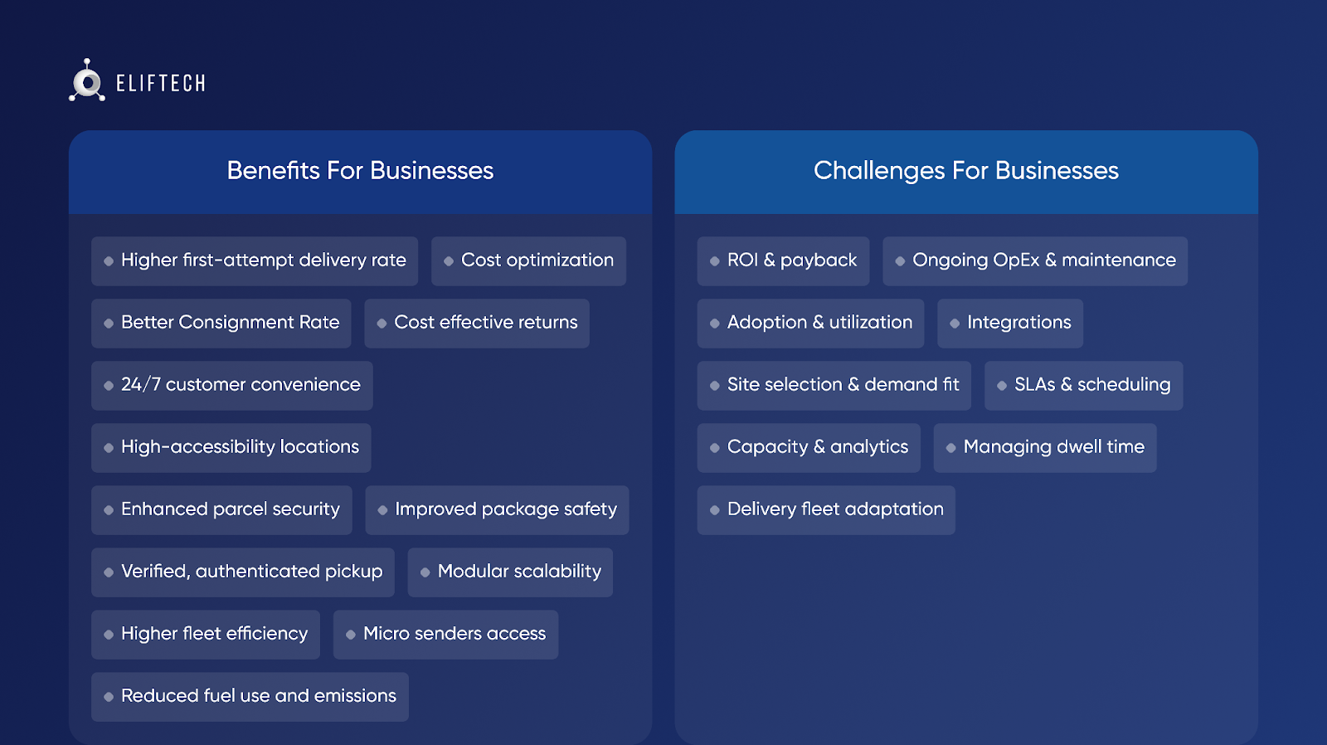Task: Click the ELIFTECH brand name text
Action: [x=161, y=83]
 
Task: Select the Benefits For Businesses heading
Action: [x=360, y=171]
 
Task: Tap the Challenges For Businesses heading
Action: [x=965, y=171]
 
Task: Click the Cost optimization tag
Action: [x=528, y=261]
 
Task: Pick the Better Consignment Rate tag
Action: [x=221, y=323]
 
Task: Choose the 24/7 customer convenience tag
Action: [x=231, y=385]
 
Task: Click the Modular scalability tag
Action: [x=510, y=572]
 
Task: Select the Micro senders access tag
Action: [x=445, y=634]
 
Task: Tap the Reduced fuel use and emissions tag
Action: [x=250, y=696]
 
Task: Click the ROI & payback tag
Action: [x=783, y=261]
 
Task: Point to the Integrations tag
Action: [x=1010, y=323]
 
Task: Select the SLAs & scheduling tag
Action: [x=1083, y=385]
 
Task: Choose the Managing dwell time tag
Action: [x=1045, y=447]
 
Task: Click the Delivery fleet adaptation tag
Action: [x=826, y=509]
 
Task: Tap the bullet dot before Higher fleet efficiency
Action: [x=109, y=635]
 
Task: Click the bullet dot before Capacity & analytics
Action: [x=714, y=448]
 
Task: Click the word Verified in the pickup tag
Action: [x=156, y=572]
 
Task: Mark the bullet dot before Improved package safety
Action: [x=382, y=510]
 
